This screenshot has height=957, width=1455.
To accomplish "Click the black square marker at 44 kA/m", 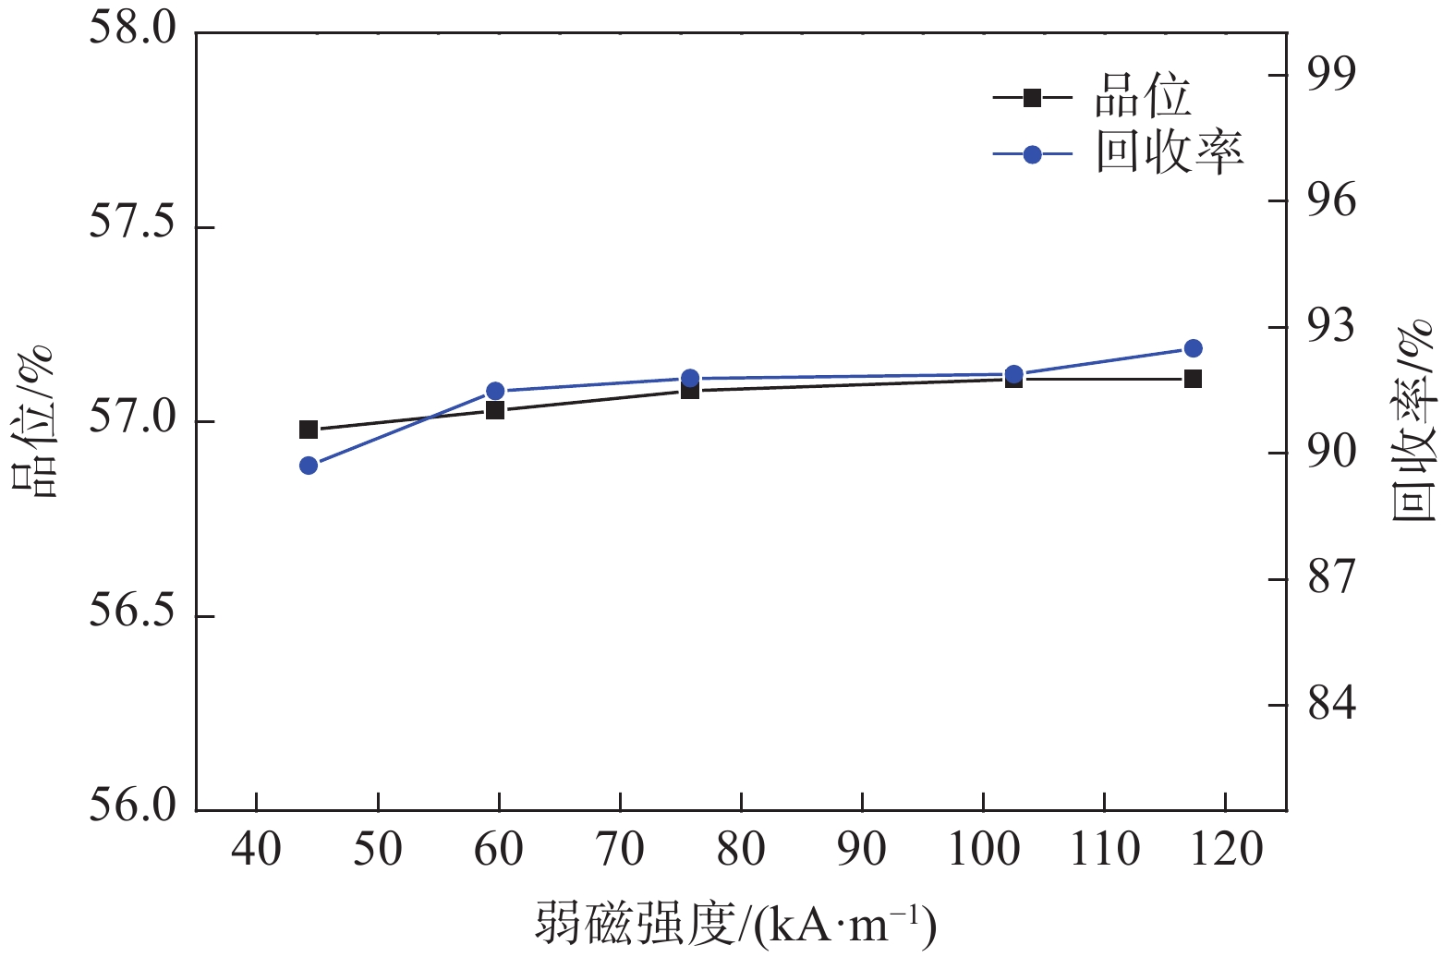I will pyautogui.click(x=309, y=430).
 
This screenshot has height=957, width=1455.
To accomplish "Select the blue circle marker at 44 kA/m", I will pyautogui.click(x=309, y=466).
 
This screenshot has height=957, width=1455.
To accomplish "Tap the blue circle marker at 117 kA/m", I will pyautogui.click(x=1193, y=348).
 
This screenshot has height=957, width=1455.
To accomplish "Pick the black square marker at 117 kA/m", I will pyautogui.click(x=1193, y=379).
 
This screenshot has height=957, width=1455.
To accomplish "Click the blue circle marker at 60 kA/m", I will pyautogui.click(x=495, y=391).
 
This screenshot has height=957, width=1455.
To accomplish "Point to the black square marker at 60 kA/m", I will pyautogui.click(x=495, y=410).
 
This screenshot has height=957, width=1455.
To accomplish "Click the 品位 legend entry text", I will pyautogui.click(x=1143, y=96).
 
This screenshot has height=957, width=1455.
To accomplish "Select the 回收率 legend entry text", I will pyautogui.click(x=1170, y=153).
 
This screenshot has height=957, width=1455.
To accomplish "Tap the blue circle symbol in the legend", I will pyautogui.click(x=1033, y=154).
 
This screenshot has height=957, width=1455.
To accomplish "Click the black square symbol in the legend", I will pyautogui.click(x=1033, y=97).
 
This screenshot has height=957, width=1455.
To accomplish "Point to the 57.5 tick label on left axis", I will pyautogui.click(x=132, y=225).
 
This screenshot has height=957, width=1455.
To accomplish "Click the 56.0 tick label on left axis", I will pyautogui.click(x=132, y=806).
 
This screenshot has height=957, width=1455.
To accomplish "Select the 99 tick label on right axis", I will pyautogui.click(x=1331, y=75).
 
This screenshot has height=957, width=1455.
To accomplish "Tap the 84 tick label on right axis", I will pyautogui.click(x=1331, y=704).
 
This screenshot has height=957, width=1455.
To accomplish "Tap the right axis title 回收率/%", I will pyautogui.click(x=1413, y=420).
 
